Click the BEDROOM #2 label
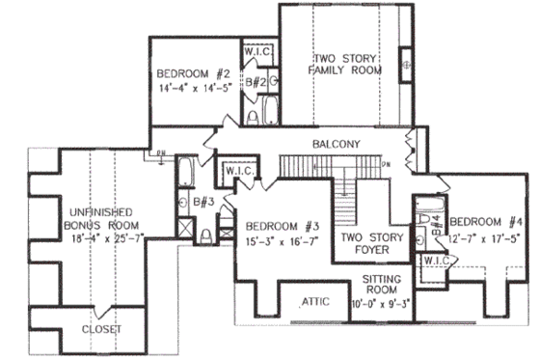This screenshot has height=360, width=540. [194, 73]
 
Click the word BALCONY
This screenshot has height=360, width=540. [336, 145]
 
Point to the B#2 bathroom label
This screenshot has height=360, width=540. [256, 84]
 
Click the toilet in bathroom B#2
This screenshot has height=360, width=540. [254, 118]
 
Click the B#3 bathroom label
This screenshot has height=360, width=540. [203, 202]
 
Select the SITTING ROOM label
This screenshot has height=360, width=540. [384, 284]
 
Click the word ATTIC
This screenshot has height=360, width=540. [316, 300]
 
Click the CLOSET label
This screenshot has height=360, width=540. [101, 328]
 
